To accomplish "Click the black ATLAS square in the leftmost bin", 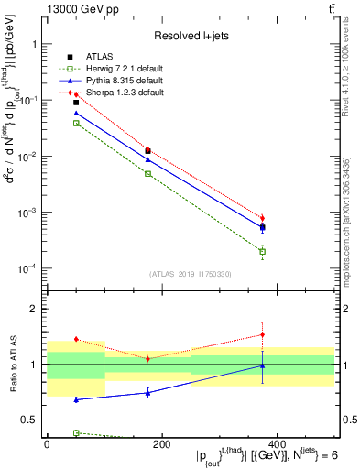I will (x=76, y=103).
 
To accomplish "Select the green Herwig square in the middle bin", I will (x=147, y=173).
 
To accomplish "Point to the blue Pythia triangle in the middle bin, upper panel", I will (x=147, y=159).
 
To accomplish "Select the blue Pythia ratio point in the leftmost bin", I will (x=76, y=399).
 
